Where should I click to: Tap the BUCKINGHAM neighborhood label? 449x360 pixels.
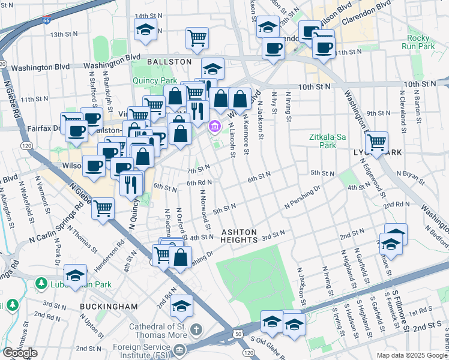[x=109, y=307]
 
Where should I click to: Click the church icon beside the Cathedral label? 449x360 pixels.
[x=196, y=329]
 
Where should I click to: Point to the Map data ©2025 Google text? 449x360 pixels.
[x=412, y=355]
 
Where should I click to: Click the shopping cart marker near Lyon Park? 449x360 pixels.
[x=376, y=142]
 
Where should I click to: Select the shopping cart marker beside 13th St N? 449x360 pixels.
[x=196, y=37]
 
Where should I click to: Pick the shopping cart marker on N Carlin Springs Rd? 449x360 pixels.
[x=103, y=208]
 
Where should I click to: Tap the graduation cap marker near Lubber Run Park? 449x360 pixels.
[x=75, y=275]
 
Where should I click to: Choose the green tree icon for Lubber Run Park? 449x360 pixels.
[x=41, y=283]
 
